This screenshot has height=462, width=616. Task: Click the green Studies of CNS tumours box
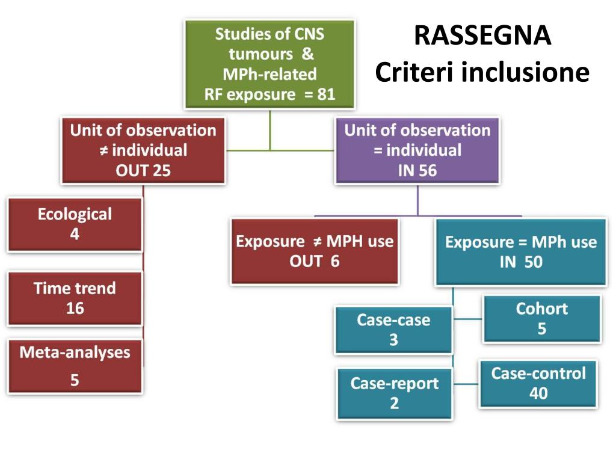click(x=269, y=64)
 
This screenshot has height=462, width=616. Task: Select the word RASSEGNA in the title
click(x=482, y=36)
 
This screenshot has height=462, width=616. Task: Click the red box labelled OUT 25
click(x=143, y=150)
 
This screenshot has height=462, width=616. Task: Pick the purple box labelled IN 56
click(x=417, y=150)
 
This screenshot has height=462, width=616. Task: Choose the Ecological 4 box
click(x=75, y=224)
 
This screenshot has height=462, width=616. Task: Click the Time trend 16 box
click(x=75, y=298)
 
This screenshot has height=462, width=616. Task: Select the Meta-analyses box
click(x=75, y=366)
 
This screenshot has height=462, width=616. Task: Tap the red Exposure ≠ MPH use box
click(x=314, y=251)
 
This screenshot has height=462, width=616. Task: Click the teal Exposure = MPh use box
click(x=520, y=251)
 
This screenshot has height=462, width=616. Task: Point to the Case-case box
click(x=393, y=330)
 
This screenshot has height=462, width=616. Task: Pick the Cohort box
click(x=541, y=319)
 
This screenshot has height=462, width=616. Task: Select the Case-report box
click(x=394, y=393)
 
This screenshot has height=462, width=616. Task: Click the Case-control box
click(x=538, y=383)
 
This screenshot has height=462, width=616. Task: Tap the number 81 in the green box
click(x=325, y=94)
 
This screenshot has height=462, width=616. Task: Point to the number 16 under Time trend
click(x=75, y=309)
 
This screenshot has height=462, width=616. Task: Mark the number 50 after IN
click(x=533, y=262)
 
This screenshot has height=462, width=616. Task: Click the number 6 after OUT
click(x=334, y=262)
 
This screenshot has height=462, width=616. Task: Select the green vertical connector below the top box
click(x=269, y=129)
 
